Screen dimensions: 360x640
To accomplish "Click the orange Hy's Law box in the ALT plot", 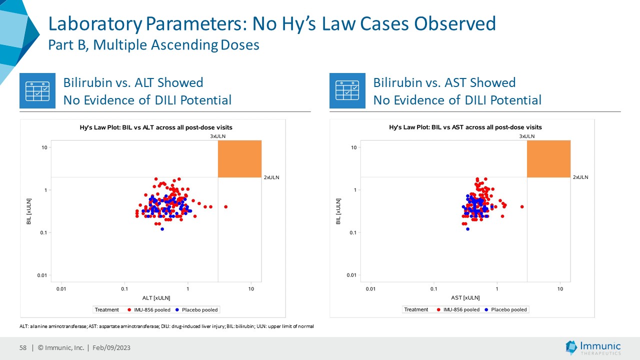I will point(239,159).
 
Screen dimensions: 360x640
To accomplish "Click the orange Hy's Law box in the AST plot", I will point(548,159).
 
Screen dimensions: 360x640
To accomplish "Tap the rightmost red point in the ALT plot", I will point(226,206).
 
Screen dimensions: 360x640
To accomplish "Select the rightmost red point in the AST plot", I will point(522,206).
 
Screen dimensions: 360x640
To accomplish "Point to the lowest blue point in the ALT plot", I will point(162,229).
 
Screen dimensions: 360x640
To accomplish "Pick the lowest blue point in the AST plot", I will point(467,229).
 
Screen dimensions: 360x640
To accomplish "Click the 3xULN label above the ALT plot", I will point(217,136).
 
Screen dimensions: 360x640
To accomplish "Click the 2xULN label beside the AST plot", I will point(580,177).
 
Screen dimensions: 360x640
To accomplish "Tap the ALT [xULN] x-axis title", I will point(156,298).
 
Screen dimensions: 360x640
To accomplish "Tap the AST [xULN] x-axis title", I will point(465,298).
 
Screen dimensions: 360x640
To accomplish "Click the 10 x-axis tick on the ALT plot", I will point(251,288).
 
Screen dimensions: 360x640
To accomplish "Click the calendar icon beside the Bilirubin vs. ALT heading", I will point(37,90).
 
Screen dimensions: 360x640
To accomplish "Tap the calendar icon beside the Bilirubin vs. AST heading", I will point(347,90).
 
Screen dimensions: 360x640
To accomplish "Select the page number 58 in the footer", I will point(22,348).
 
